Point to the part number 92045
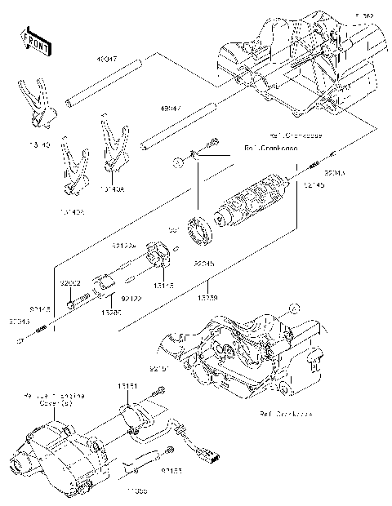[x=204, y=264]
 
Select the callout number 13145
[x=164, y=286]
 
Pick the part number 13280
[x=111, y=311]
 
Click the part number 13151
[x=127, y=384]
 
